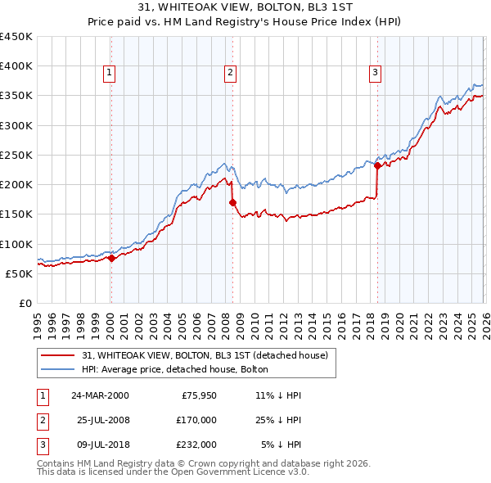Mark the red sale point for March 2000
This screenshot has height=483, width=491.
pyautogui.click(x=111, y=258)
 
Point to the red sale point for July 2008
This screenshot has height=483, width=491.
pyautogui.click(x=232, y=202)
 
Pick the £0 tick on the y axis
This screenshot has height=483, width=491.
pyautogui.click(x=25, y=303)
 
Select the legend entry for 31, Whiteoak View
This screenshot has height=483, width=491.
pyautogui.click(x=205, y=355)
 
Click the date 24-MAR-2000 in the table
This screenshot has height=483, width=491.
pyautogui.click(x=100, y=395)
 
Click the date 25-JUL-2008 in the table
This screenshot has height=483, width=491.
pyautogui.click(x=100, y=420)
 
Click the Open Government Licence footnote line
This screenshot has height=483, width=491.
pyautogui.click(x=173, y=472)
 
